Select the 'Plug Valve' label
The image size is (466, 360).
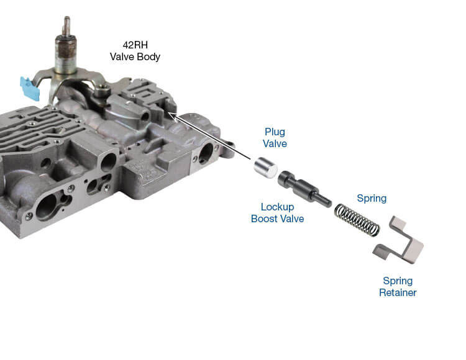(x=275, y=138)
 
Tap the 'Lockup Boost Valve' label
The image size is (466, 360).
(x=277, y=213)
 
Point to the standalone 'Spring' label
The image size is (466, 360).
(x=372, y=199)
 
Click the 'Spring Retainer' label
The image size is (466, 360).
(x=398, y=286)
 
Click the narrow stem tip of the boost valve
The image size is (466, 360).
(x=326, y=201)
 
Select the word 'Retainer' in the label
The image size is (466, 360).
(x=398, y=292)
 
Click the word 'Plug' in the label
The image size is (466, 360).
(x=275, y=132)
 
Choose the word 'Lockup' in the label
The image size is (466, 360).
(x=277, y=207)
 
